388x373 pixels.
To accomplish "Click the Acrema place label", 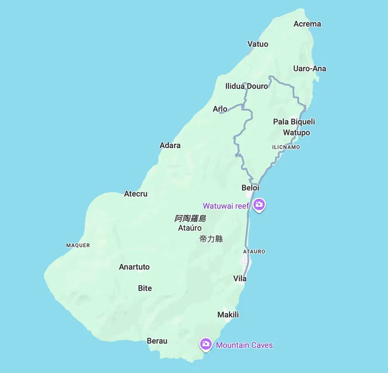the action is click(307, 24).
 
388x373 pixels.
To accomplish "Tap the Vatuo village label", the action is click(257, 44).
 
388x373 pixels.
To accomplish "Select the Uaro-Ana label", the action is click(309, 69).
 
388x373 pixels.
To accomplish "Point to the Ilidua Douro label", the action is click(246, 86).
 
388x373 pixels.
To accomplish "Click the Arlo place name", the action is click(220, 109).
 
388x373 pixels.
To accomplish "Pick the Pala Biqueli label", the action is click(294, 122).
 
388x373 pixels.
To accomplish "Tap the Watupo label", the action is click(296, 133).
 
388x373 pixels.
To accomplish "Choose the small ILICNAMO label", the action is click(286, 147).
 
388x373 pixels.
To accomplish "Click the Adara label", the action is click(170, 145).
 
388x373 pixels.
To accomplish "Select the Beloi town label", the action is click(250, 188).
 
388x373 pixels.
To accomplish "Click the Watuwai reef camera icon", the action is click(258, 205).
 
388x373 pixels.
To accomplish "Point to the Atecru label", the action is click(136, 194).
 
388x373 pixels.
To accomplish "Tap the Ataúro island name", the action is click(190, 228).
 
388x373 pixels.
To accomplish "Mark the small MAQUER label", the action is click(78, 246).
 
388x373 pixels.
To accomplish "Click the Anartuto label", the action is click(134, 267).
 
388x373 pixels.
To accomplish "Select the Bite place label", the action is click(145, 289).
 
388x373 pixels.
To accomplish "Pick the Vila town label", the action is click(240, 279).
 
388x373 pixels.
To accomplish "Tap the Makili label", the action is click(228, 315).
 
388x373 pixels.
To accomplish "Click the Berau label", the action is click(157, 341).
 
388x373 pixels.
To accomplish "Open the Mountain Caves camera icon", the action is click(206, 344).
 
